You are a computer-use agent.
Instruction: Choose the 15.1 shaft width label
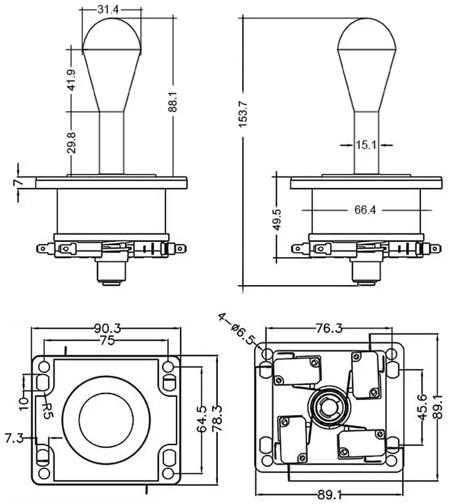pyautogui.click(x=366, y=145)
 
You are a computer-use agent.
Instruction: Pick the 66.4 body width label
pyautogui.click(x=365, y=210)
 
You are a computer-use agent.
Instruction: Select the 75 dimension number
pyautogui.click(x=107, y=340)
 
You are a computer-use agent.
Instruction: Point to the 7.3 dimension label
pyautogui.click(x=14, y=438)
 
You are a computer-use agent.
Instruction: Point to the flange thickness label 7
pyautogui.click(x=18, y=182)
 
